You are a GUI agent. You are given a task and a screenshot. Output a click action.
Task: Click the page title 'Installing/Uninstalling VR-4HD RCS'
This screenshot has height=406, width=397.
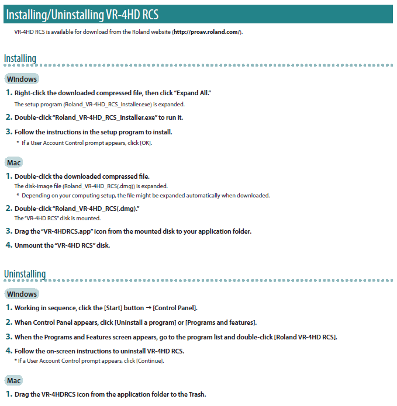(82, 14)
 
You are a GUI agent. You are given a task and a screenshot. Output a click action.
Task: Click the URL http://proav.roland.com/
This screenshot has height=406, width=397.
(206, 32)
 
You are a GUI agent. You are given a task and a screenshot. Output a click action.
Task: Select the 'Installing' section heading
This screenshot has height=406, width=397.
(20, 58)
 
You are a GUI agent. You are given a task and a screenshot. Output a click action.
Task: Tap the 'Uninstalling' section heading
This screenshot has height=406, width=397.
(25, 273)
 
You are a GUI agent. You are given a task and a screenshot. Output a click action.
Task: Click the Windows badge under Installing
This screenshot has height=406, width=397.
(22, 79)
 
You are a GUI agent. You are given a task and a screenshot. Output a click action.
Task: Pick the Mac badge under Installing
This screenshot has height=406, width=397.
(15, 162)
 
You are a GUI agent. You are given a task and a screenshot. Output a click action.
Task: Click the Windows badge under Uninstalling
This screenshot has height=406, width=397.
(22, 294)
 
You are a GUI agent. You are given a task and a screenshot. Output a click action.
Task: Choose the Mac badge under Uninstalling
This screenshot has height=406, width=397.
(15, 380)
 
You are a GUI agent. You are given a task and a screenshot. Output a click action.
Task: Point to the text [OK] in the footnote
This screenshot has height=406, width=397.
(146, 143)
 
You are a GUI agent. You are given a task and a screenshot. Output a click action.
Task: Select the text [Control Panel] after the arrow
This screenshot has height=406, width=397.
(175, 308)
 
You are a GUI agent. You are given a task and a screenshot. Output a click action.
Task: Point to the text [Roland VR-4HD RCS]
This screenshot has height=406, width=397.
(306, 337)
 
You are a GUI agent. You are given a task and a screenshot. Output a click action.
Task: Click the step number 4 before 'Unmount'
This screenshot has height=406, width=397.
(9, 245)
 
